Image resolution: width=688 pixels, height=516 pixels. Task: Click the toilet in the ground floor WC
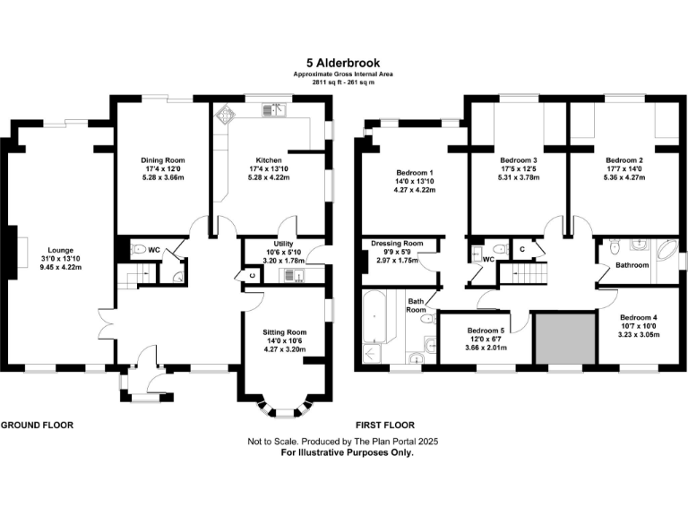(x=138, y=251)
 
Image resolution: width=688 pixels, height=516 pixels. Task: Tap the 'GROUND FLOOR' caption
(x=37, y=425)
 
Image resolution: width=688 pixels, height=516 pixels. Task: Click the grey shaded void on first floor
(x=565, y=339)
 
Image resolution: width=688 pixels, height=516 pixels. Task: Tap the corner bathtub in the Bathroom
(x=664, y=250)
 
